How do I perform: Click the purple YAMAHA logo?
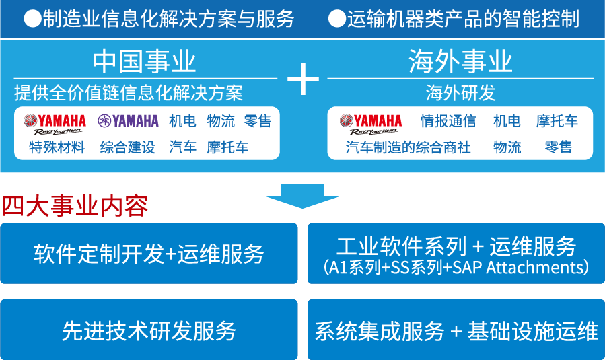128,120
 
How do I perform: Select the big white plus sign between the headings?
303,79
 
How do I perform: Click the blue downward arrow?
303,196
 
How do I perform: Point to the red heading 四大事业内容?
75,206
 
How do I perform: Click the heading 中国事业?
144,62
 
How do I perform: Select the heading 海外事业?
460,62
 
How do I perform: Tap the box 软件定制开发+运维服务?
149,254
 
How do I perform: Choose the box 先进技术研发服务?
149,330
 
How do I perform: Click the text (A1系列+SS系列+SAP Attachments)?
456,267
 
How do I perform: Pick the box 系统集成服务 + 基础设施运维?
456,330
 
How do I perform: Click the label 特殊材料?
57,147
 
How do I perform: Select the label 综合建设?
127,147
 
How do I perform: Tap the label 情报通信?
448,120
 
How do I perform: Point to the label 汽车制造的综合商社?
408,147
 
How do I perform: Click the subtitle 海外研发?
460,93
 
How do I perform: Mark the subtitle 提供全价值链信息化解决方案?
129,93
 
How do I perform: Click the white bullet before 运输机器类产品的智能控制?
337,19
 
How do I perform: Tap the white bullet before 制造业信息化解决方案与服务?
32,19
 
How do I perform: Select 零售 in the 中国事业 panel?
258,120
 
